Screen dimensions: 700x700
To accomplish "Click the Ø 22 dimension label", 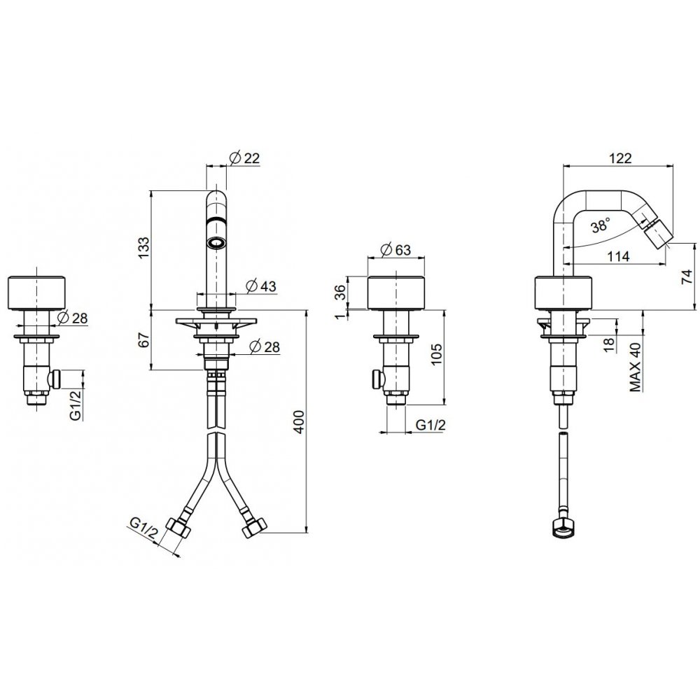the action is tap(244, 158).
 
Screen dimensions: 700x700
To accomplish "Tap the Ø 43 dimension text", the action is tap(262, 286).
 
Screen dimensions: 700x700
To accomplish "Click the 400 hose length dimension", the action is tap(299, 421).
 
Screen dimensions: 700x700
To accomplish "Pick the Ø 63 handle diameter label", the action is tap(396, 250).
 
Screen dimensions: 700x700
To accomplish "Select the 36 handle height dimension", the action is tap(340, 293).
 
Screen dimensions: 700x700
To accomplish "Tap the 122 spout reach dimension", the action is tap(620, 158).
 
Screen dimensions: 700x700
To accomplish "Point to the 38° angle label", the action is tap(601, 226).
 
